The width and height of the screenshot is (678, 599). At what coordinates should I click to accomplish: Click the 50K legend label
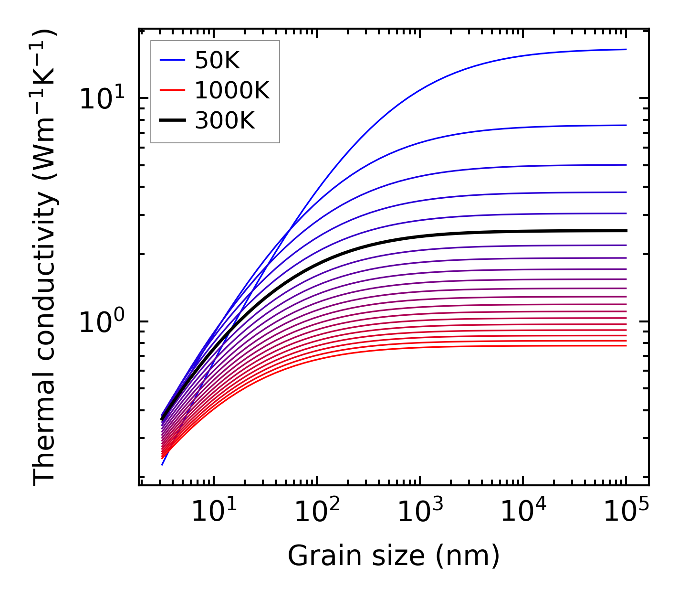click(217, 61)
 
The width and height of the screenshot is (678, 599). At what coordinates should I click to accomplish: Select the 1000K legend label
click(232, 91)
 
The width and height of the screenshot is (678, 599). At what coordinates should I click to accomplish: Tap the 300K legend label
click(225, 121)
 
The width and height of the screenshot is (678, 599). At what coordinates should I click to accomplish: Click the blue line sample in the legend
click(172, 61)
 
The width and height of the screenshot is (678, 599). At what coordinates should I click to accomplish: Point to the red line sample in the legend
click(172, 91)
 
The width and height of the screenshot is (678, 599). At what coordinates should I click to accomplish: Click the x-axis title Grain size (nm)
click(394, 556)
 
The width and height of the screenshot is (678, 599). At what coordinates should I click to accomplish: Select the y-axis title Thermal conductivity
click(45, 258)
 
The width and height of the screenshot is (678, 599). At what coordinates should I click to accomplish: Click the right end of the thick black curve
click(626, 231)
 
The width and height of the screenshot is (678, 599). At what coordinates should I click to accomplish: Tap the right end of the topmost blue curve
click(626, 49)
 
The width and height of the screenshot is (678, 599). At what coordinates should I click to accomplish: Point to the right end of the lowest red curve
click(626, 345)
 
